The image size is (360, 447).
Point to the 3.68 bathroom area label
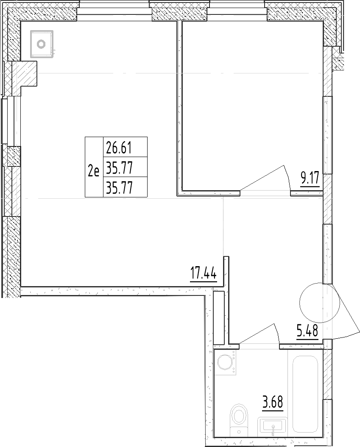273,402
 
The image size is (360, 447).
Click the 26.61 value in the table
119,147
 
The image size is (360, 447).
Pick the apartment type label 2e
94,171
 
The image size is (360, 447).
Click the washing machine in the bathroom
226,362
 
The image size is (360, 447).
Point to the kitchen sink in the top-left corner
42,44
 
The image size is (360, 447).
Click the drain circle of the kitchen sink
42,44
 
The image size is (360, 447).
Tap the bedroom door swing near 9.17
265,179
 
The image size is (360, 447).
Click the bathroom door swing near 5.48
259,334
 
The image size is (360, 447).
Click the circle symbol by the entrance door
320,303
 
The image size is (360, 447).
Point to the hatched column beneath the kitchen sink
25,73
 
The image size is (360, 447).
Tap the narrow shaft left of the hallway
219,318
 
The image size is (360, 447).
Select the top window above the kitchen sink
114,11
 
